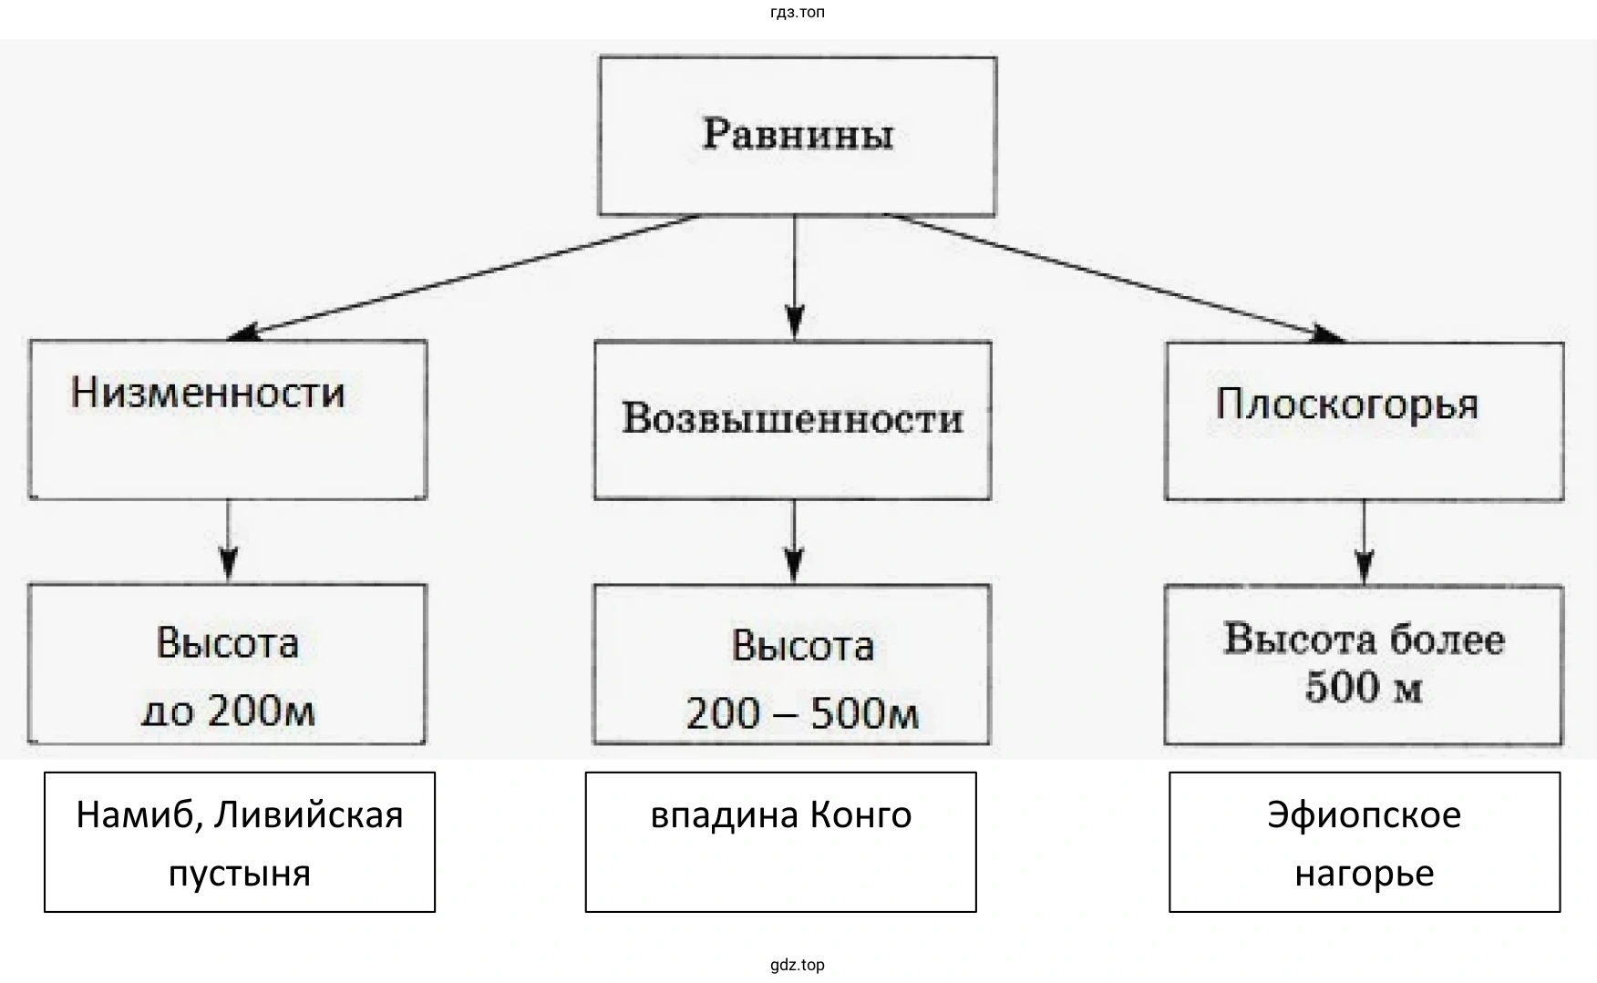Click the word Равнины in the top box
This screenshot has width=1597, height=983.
798,135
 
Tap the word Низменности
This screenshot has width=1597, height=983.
208,393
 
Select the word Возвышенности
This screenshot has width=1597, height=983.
792,418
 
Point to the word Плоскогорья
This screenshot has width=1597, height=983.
1346,404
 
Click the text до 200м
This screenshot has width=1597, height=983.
228,711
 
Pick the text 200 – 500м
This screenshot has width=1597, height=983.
802,713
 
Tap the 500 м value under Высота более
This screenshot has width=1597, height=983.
1363,688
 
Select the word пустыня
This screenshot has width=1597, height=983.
240,873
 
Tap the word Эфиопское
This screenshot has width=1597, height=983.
1364,814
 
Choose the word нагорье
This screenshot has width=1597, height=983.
1364,873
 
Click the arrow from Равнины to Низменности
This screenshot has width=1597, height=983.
465,277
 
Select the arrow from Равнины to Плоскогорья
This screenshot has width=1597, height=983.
1117,277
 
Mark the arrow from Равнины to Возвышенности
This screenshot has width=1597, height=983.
795,277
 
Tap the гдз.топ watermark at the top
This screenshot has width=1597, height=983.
798,13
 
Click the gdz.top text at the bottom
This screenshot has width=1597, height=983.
798,965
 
